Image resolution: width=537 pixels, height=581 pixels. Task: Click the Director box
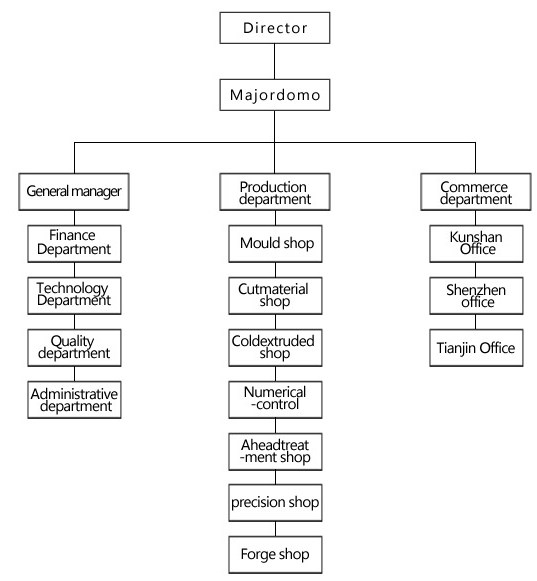coord(275,28)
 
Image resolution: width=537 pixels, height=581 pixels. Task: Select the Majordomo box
coord(275,95)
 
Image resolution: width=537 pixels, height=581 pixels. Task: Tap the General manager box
coord(74,192)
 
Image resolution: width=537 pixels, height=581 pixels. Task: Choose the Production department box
coord(275,192)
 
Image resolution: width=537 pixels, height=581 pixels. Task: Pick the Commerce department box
coord(476,192)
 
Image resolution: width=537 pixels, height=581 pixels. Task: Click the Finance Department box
coord(74,243)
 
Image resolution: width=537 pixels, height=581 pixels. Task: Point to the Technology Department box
coord(74,296)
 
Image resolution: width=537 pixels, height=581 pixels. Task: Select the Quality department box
coord(74,348)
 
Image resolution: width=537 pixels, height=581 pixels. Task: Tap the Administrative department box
coord(74,400)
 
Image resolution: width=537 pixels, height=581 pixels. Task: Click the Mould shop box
coord(275,243)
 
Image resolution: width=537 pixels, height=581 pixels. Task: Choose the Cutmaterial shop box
coord(275,296)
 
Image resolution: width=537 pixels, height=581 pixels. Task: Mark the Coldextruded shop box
coord(275,348)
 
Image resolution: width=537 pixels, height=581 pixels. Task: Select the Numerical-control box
coord(275,400)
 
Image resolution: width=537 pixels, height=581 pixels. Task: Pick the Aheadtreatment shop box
coord(275,452)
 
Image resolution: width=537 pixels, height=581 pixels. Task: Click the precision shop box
coord(275,502)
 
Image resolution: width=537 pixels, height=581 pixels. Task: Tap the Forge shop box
coord(275,555)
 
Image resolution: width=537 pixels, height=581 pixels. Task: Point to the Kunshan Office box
coord(476,243)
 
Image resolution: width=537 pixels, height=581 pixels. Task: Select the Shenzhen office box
coord(476,296)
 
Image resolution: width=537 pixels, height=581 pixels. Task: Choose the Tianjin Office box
coord(476,348)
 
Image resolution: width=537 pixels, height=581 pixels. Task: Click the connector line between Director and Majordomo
coord(275,62)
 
